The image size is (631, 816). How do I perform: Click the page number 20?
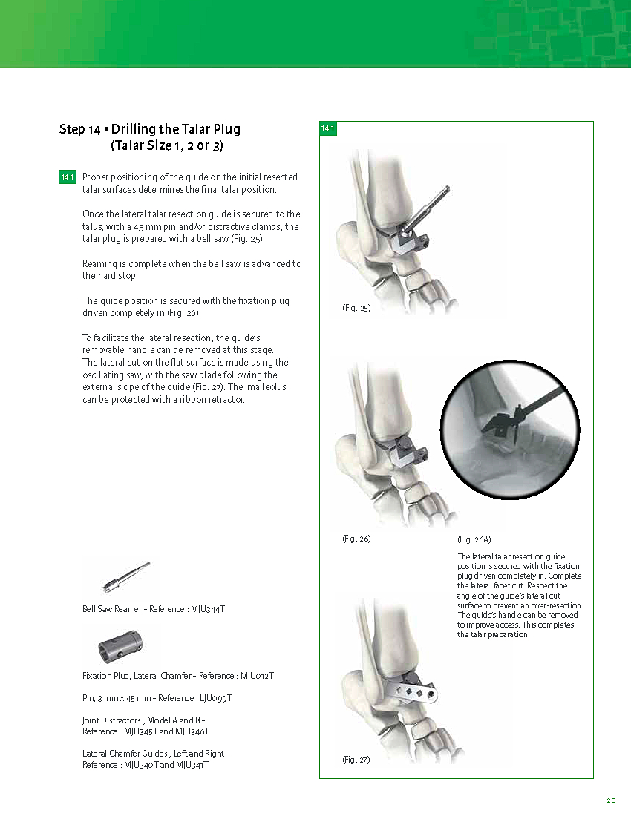click(611, 800)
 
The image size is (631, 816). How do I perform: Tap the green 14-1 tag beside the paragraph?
click(67, 177)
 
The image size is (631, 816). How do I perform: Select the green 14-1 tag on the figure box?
click(328, 129)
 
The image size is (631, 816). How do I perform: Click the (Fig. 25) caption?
click(356, 308)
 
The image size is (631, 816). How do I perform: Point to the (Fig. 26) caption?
click(356, 539)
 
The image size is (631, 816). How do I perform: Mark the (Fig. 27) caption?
click(356, 760)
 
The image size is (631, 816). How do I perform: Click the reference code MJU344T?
click(207, 609)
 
